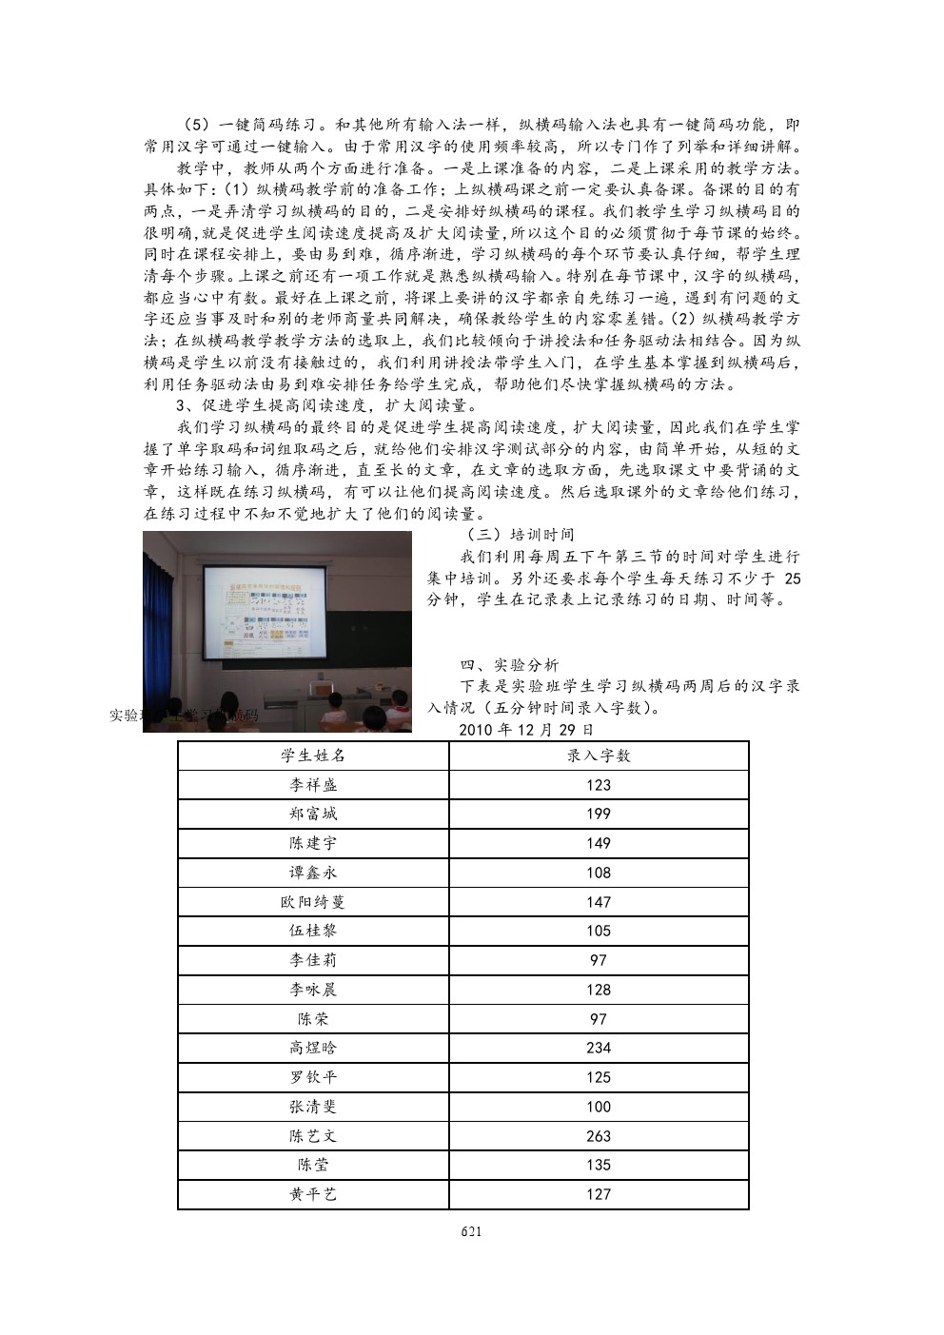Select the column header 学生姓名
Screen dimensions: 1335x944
313,756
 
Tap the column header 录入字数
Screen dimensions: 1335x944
599,756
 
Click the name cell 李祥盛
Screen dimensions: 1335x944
313,785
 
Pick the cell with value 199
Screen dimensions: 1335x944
599,815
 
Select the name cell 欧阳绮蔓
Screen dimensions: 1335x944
313,902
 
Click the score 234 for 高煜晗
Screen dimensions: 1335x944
599,1049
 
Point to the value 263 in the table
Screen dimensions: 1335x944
599,1136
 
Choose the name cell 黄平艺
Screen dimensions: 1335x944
313,1195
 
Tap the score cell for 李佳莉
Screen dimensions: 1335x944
599,961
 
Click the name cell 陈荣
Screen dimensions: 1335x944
313,1019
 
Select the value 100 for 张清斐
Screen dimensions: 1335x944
599,1108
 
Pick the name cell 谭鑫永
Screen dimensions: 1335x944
313,873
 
